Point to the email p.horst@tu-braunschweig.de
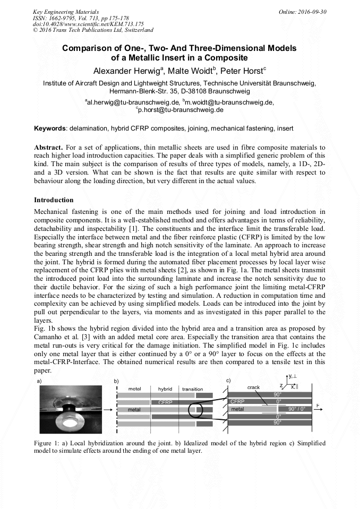pyautogui.click(x=181, y=110)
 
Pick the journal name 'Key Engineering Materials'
pyautogui.click(x=65, y=11)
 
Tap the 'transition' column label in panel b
pyautogui.click(x=192, y=389)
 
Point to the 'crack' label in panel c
pyautogui.click(x=253, y=387)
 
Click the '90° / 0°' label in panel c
pyautogui.click(x=298, y=409)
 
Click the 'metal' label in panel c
pyautogui.click(x=237, y=409)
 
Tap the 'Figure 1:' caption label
pyautogui.click(x=48, y=442)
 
